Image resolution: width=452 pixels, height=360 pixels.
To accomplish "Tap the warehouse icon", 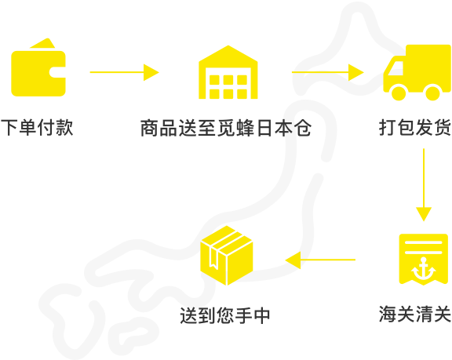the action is pos(228,72).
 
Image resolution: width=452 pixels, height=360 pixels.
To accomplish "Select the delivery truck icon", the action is pos(417,72).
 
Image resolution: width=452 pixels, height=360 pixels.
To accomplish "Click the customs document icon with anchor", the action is pos(423,259).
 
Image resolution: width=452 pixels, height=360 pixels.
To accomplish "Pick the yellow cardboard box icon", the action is pos(227,256).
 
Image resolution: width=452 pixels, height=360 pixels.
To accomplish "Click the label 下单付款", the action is pos(37,127).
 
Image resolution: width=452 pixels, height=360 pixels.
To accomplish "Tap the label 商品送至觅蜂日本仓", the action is pos(226,128).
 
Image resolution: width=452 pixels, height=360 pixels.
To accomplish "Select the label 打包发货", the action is pos(415,127).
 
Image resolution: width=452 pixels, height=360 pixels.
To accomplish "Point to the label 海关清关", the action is pos(415,314).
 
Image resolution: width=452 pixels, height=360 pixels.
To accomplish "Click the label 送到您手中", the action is pos(225,315).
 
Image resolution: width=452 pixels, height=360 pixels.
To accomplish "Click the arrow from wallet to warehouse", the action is pos(125,72).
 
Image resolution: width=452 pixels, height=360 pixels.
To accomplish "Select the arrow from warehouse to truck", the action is pos(328,72).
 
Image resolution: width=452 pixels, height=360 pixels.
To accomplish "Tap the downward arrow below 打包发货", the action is pos(424,185).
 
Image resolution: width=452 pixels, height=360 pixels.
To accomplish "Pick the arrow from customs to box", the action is pos(320,260).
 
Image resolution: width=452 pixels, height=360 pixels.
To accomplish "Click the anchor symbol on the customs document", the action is pos(423,269).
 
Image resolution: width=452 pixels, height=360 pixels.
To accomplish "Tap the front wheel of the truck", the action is pos(399,93).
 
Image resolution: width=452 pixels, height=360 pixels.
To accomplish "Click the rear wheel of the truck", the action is pos(432,93).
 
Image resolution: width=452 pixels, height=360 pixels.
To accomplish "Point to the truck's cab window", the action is pos(395,68).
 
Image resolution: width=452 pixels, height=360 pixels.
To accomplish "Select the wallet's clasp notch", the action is pos(57,72).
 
